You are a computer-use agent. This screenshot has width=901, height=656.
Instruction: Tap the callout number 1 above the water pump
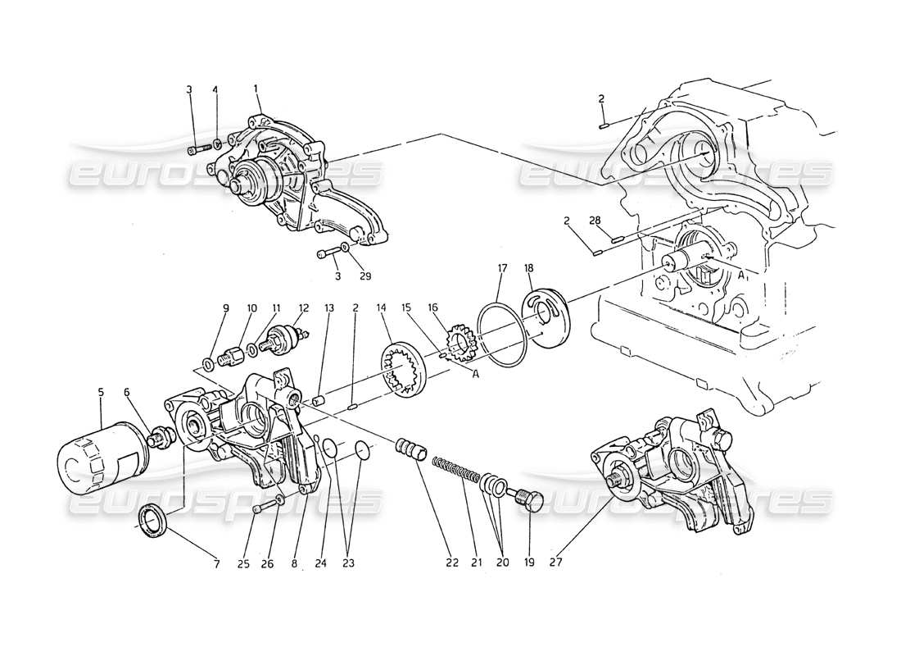click(256, 88)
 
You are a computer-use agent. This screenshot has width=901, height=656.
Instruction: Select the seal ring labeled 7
click(153, 522)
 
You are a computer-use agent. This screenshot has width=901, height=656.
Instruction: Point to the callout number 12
click(304, 309)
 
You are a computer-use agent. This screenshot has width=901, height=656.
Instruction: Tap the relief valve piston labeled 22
click(413, 450)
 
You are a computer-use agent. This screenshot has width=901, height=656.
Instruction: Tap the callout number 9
click(226, 309)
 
